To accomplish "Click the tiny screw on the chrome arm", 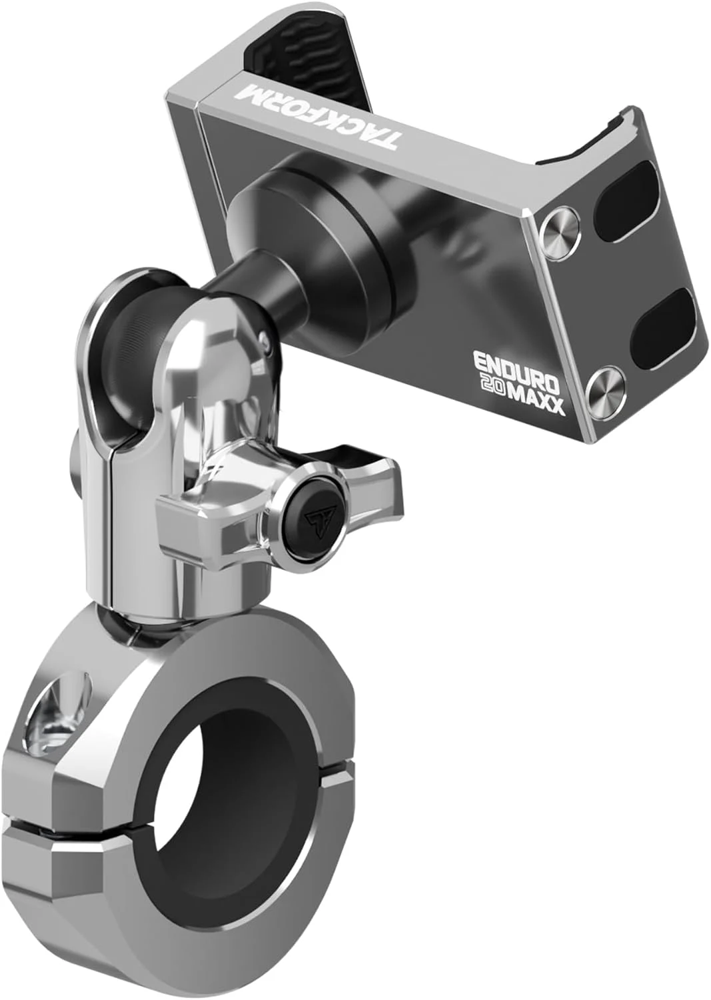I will coord(267,344).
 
